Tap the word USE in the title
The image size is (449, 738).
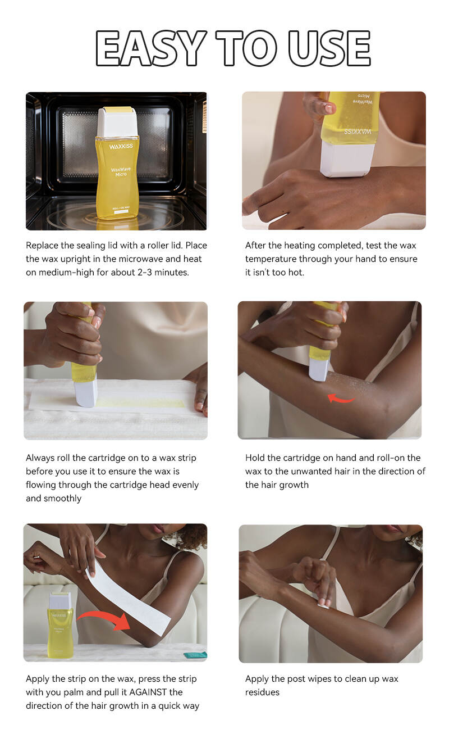329,48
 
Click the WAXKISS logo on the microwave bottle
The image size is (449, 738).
121,146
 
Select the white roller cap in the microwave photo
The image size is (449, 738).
117,121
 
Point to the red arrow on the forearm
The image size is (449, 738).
341,399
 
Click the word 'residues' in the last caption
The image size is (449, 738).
262,692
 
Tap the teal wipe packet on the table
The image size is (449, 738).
195,654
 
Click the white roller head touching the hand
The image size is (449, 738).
346,160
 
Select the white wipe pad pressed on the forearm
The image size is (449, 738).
323,604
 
